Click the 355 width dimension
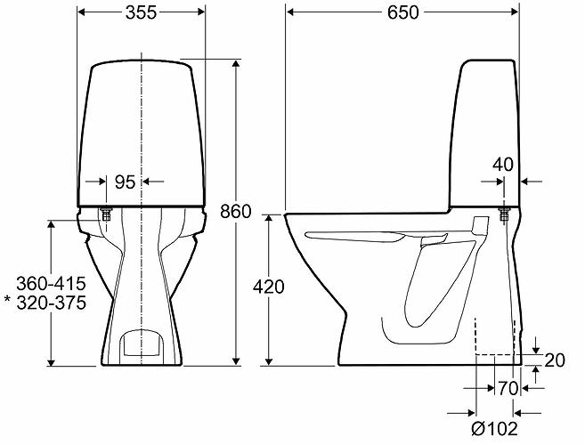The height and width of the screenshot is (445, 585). pyautogui.click(x=142, y=12)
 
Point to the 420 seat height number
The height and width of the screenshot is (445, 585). pyautogui.click(x=268, y=287)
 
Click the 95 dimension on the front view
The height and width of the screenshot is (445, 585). pyautogui.click(x=125, y=182)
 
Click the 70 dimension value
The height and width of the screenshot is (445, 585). pyautogui.click(x=508, y=388)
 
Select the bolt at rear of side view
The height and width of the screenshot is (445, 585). pyautogui.click(x=505, y=214)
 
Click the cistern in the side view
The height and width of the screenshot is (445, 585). pyautogui.click(x=485, y=133)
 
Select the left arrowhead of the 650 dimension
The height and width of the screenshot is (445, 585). pyautogui.click(x=290, y=12)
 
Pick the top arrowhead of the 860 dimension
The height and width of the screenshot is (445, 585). pyautogui.click(x=237, y=68)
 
